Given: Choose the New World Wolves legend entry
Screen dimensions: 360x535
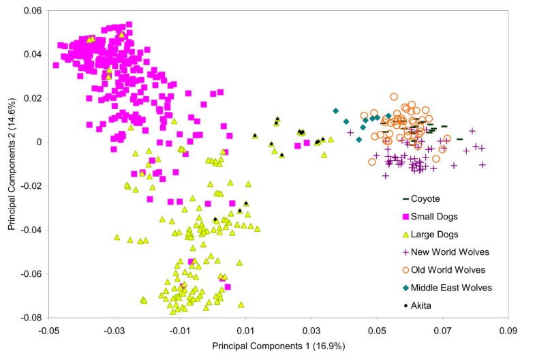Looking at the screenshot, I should [x=450, y=252].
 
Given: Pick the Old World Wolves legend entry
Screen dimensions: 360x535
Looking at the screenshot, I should [x=450, y=269].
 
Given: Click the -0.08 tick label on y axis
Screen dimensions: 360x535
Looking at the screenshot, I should [x=30, y=318].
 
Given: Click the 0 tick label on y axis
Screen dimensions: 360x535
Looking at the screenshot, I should [x=38, y=142].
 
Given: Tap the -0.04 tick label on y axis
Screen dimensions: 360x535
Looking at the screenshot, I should [x=30, y=230].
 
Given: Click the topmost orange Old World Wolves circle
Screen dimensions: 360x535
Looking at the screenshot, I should [x=394, y=97].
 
